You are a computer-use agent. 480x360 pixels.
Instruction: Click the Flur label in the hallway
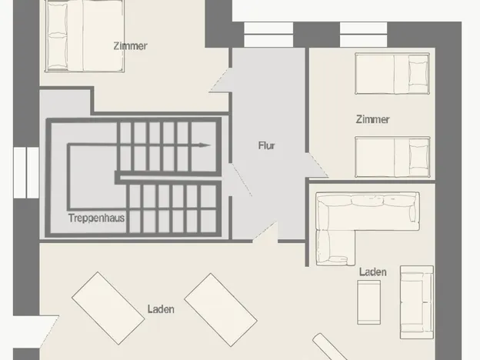(267, 145)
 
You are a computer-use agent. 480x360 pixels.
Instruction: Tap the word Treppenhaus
(96, 218)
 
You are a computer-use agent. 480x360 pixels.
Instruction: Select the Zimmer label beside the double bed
(131, 46)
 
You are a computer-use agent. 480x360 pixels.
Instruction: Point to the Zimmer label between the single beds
(372, 119)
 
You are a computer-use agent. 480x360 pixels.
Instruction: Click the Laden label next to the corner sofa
(372, 272)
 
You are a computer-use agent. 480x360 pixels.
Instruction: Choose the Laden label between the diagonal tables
(161, 309)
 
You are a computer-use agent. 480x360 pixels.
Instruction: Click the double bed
(85, 36)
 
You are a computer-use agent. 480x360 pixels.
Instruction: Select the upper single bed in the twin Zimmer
(392, 74)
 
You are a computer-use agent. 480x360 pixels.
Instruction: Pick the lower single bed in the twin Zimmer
(392, 157)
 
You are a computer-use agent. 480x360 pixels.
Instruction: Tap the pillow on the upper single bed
(418, 74)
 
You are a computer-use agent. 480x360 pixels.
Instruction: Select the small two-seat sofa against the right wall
(417, 302)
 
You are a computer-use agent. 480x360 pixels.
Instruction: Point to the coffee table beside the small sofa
(369, 302)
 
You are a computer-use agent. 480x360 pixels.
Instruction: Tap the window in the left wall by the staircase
(26, 172)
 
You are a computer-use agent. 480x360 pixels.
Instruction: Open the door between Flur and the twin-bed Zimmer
(317, 165)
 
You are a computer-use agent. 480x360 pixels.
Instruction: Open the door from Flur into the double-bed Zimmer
(220, 80)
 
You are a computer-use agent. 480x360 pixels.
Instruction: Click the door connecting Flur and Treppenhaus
(242, 180)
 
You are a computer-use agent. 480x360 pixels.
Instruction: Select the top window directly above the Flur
(268, 35)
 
